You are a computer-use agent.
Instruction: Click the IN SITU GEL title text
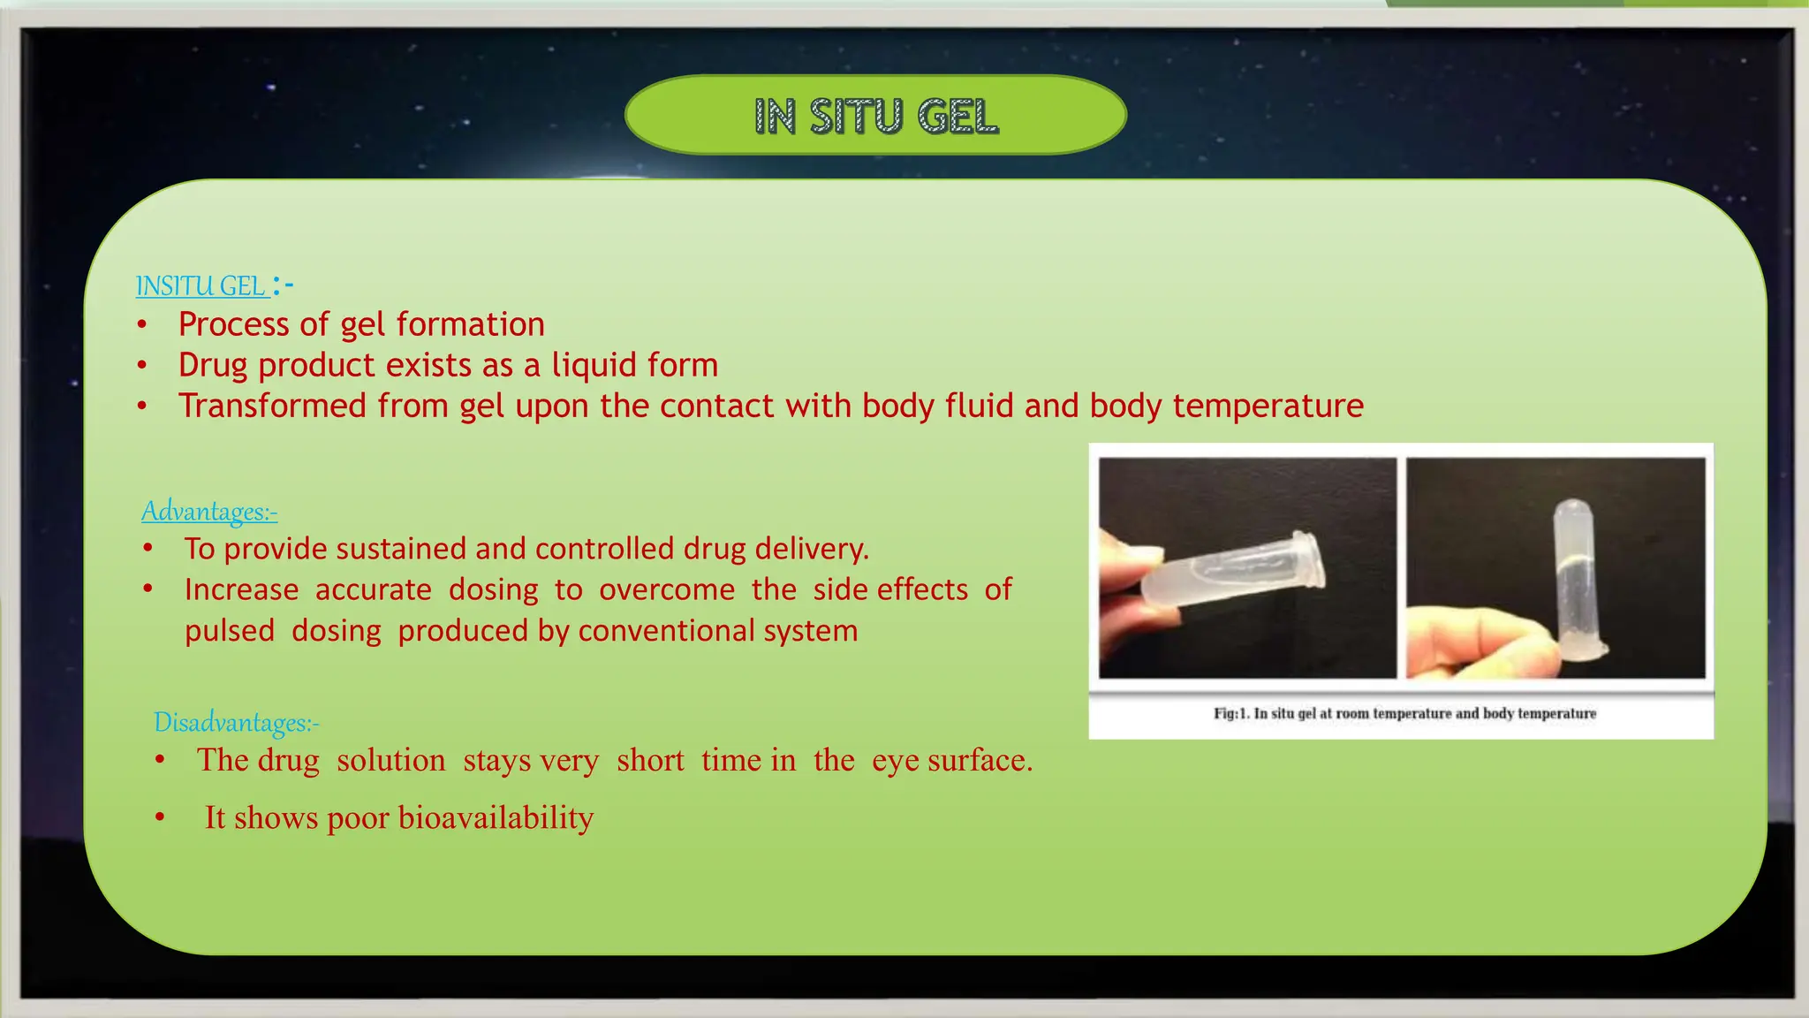tap(875, 117)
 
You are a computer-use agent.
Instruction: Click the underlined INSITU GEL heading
tap(201, 286)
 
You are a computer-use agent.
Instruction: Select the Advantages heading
tap(209, 512)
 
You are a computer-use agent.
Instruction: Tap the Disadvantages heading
tap(236, 723)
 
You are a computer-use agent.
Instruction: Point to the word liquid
tap(594, 365)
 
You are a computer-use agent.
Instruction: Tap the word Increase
tap(241, 589)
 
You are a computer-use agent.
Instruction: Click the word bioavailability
tap(496, 817)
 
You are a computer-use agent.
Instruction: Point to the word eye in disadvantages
tap(896, 761)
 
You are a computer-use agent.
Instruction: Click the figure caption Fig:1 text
tap(1404, 713)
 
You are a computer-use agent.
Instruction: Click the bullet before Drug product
tap(142, 365)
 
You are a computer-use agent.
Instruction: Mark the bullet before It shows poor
tap(160, 818)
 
